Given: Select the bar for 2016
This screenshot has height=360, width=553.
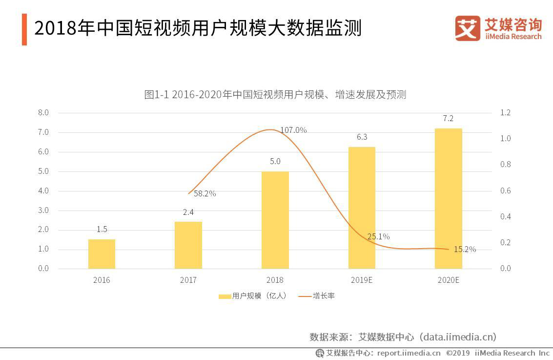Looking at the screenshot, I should [102, 254].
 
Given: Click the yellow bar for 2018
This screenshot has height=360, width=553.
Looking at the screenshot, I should [275, 220].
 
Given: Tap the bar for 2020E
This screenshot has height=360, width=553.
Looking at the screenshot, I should [448, 198].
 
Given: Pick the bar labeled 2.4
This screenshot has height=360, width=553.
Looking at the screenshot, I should [188, 245].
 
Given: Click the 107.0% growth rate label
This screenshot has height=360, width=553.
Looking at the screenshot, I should [293, 130].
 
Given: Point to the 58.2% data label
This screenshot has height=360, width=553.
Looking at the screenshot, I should [205, 193].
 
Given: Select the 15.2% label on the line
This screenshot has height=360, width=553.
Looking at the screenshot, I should [465, 249].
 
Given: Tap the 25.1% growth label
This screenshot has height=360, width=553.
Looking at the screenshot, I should [378, 236].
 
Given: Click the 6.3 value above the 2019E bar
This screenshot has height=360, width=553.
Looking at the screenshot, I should [362, 137].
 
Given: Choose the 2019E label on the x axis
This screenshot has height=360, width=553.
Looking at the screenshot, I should [362, 280].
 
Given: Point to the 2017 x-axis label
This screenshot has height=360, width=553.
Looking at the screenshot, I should [188, 280].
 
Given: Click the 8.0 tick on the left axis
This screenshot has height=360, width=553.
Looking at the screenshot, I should [43, 113].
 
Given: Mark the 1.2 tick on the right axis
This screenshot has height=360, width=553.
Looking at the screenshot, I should [505, 113].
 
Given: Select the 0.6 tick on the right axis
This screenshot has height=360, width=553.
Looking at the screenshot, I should [505, 191].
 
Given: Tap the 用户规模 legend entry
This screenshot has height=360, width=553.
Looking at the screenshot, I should [252, 296].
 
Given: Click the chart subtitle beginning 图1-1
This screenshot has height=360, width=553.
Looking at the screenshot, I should [275, 95].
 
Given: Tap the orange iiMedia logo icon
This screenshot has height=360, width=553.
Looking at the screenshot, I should [468, 28].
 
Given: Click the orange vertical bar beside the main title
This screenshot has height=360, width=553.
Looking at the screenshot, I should [24, 29].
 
